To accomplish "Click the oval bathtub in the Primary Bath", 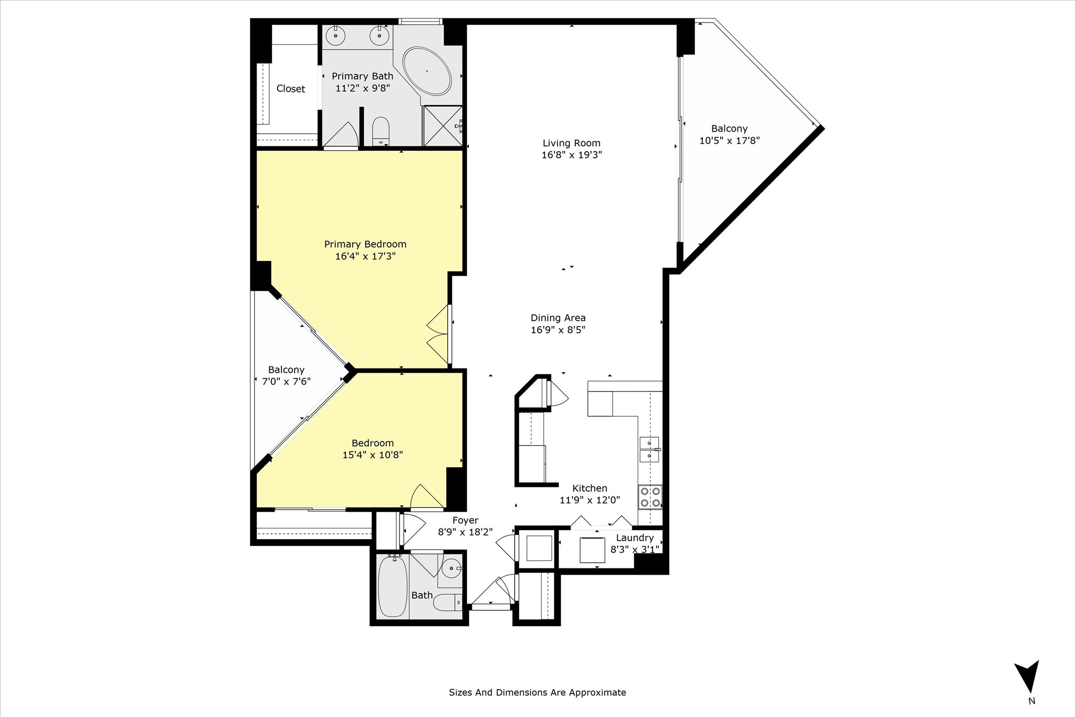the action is coord(427,71).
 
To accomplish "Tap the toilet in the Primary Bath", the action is coord(381,131).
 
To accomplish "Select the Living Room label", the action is coord(572,143).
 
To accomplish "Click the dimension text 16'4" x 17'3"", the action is coord(365,256).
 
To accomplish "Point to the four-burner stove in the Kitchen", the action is coord(650,497).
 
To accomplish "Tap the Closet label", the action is coord(291,89).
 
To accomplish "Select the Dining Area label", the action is coord(558,318).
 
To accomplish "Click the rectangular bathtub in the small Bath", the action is coord(393,586).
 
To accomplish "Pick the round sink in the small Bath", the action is coord(450,568).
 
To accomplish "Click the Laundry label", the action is coord(635,537).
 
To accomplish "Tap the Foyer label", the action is coord(466,520).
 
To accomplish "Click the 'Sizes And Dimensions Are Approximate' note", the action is coord(537,692).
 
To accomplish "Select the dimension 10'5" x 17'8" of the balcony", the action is coord(730,141).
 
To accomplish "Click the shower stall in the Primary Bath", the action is coord(443,126).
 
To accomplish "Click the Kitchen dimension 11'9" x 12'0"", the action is coord(590,500).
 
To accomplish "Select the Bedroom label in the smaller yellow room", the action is coord(373,443).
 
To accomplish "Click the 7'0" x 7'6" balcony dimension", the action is coord(287,382).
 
